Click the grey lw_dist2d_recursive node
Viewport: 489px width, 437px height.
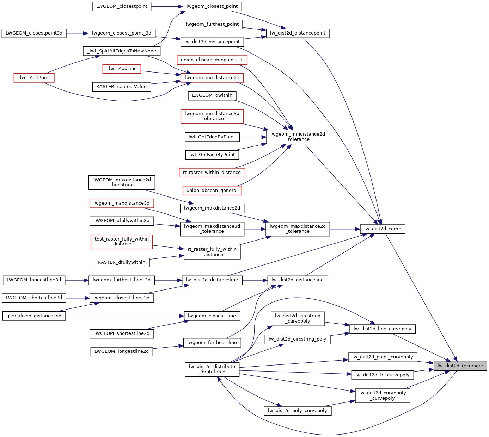pyautogui.click(x=460, y=366)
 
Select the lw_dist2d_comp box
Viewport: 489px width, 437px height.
pyautogui.click(x=383, y=229)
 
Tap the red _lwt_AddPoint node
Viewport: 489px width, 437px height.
pyautogui.click(x=34, y=78)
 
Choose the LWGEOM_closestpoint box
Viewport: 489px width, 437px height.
pyautogui.click(x=122, y=6)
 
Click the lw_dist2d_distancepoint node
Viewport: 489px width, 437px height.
pyautogui.click(x=298, y=33)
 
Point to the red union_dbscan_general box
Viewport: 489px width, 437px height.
pyautogui.click(x=212, y=191)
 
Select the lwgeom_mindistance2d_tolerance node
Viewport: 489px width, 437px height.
pyautogui.click(x=298, y=137)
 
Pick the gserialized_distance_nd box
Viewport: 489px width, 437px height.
pyautogui.click(x=34, y=316)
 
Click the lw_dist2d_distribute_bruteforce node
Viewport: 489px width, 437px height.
pyautogui.click(x=212, y=369)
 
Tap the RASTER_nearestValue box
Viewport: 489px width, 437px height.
pyautogui.click(x=121, y=87)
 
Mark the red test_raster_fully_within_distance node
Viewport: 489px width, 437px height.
pyautogui.click(x=122, y=242)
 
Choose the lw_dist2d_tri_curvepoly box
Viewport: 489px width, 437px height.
pyautogui.click(x=382, y=375)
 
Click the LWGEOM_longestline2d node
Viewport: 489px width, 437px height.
pyautogui.click(x=122, y=351)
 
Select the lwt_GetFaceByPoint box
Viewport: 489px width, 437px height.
pyautogui.click(x=212, y=155)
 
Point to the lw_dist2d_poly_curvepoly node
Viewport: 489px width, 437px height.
pyautogui.click(x=298, y=411)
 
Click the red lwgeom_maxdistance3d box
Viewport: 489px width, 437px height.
pyautogui.click(x=122, y=203)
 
